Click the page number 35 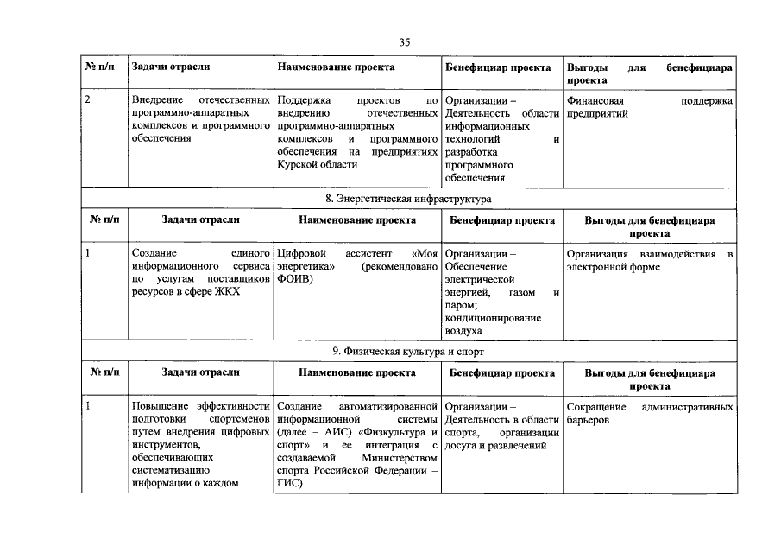pos(404,43)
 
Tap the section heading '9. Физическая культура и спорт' pos(408,352)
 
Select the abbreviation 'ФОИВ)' pos(295,279)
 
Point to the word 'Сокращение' pos(595,406)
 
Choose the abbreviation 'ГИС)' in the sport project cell pos(290,484)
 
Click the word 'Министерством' pos(402,458)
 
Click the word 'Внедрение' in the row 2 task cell pos(158,101)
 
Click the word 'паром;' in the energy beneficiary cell pos(461,304)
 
